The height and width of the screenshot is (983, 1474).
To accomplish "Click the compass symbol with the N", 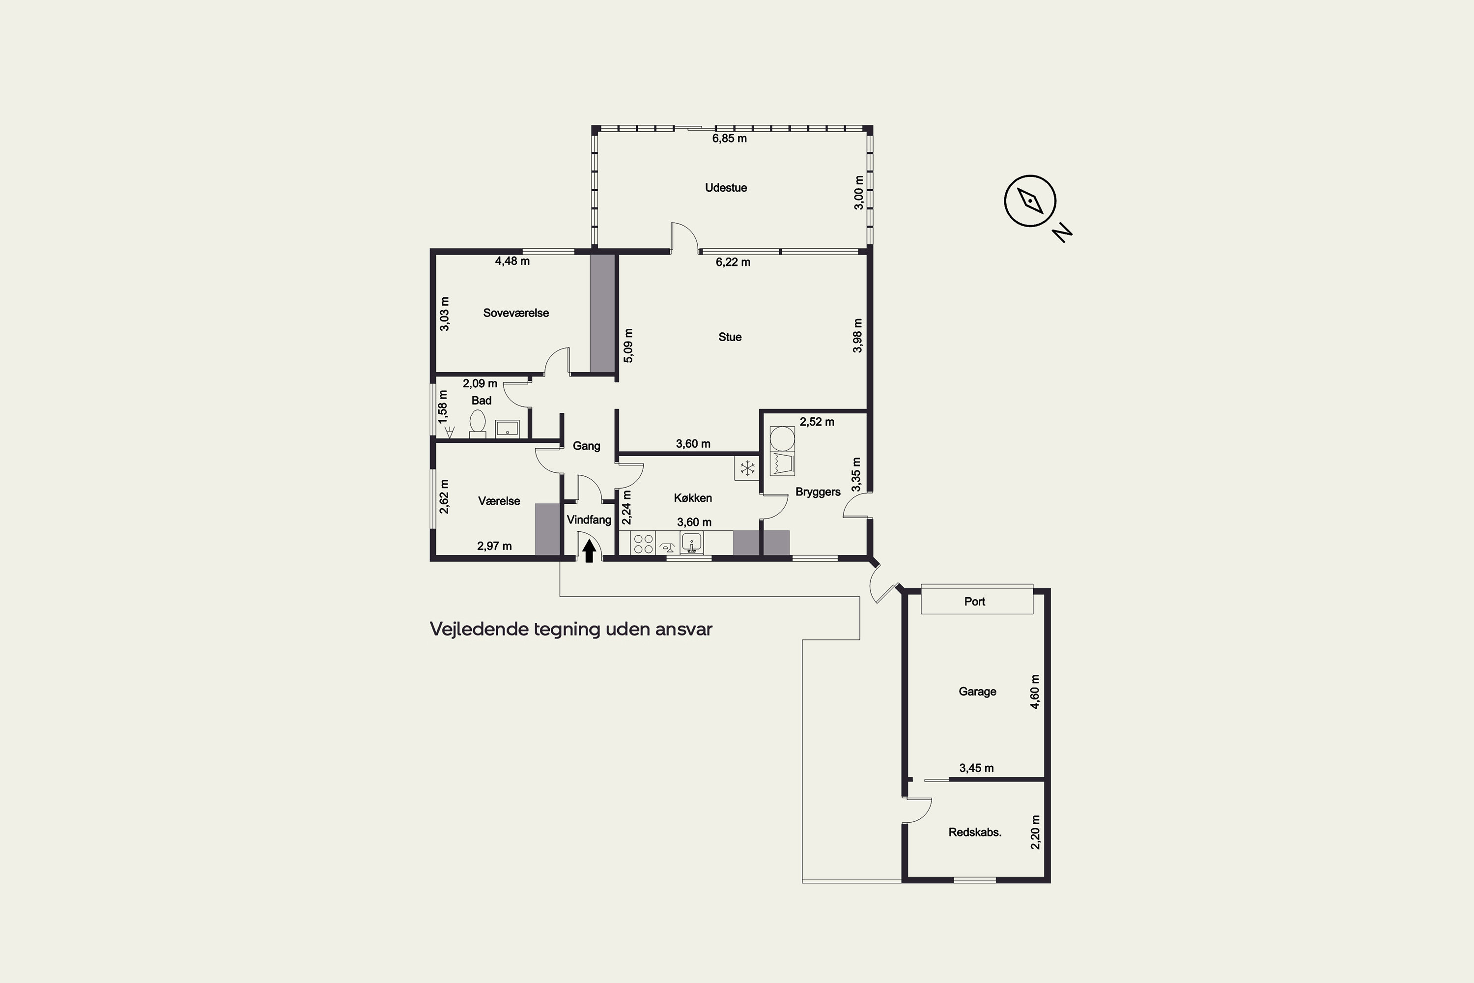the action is (x=1030, y=201).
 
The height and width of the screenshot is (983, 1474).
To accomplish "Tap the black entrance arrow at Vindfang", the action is (x=589, y=551).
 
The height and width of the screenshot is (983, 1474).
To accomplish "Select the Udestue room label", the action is (x=726, y=187).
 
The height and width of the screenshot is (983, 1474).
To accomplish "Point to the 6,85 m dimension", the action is (x=730, y=139).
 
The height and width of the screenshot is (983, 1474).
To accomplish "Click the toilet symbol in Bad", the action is (x=478, y=423).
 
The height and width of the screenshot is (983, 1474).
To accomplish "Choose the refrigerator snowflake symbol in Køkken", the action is (x=746, y=468).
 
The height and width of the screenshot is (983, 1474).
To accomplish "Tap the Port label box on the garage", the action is (x=976, y=601).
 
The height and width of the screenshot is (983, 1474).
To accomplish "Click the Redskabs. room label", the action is (x=974, y=833).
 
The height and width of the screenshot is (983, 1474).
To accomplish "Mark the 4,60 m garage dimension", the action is (x=1035, y=692).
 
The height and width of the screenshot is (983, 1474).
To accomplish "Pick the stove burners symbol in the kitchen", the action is (x=643, y=543).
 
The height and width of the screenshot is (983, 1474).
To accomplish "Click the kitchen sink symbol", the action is (x=691, y=543).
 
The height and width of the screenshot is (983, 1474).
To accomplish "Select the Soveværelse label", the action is (x=516, y=313).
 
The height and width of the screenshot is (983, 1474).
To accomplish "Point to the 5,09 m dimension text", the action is (x=628, y=346).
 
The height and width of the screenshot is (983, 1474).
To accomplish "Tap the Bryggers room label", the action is (x=818, y=492).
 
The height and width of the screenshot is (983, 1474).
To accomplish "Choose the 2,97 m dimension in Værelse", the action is (x=494, y=546).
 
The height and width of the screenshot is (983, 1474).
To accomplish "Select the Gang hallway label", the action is (x=587, y=446).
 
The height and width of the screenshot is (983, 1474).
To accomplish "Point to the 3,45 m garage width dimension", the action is (x=976, y=768).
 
